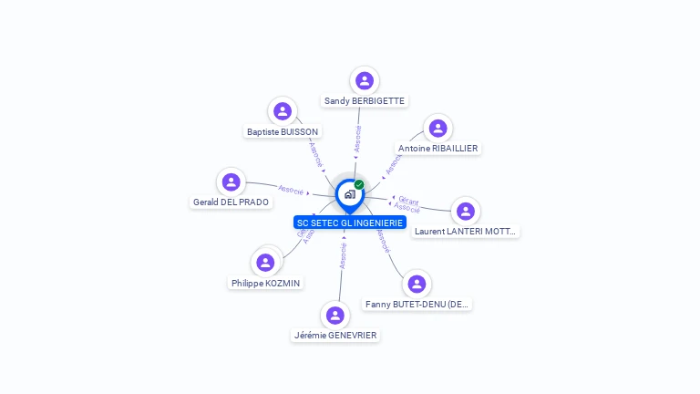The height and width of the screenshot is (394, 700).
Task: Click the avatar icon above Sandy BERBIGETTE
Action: point(365,80)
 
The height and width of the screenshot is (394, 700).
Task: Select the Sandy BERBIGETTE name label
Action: point(365,101)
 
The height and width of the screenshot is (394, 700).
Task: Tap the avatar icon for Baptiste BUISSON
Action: point(283,111)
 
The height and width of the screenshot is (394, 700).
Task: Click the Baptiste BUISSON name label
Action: point(283,132)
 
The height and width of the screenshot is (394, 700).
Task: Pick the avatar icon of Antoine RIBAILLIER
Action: point(438,128)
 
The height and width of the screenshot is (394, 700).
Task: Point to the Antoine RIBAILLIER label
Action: point(438,149)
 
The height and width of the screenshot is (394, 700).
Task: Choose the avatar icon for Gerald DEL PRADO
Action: point(232,181)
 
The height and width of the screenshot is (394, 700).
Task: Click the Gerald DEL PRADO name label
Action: point(232,202)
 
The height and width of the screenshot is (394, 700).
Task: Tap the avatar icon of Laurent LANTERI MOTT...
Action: point(466,211)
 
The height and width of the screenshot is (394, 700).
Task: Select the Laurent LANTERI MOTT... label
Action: point(466,232)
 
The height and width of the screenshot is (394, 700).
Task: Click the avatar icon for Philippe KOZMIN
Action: point(265,263)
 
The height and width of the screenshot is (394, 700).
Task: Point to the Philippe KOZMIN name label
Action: point(265,284)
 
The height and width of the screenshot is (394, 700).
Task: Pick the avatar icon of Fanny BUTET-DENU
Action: point(417,284)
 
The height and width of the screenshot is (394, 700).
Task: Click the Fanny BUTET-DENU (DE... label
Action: point(417,305)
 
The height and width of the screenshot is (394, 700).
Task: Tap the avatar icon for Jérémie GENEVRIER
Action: point(335,315)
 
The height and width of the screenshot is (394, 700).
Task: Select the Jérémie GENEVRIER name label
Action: point(335,336)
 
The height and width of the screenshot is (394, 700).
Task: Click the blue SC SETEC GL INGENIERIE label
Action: point(350,223)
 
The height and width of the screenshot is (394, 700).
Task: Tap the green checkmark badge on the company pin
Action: point(359,184)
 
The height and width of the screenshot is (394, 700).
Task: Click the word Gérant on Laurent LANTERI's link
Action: point(408,200)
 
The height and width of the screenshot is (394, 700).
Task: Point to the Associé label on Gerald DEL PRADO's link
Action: point(291,190)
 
